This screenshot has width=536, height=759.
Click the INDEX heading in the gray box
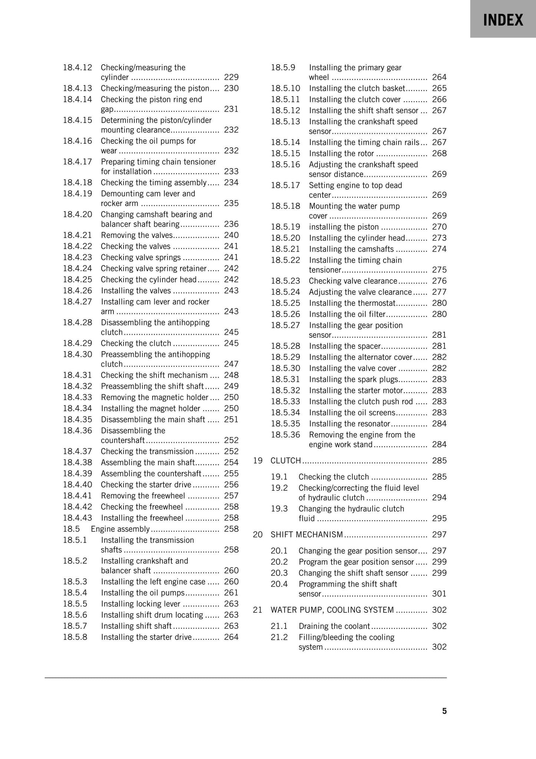point(503,20)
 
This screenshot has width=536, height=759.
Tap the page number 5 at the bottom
point(444,711)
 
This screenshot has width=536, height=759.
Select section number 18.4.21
point(78,235)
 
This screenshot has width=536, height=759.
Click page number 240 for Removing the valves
point(231,235)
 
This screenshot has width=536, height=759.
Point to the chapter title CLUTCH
point(286,461)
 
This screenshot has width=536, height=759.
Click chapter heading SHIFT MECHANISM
point(307,535)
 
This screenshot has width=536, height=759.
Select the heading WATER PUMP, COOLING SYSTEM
point(332,610)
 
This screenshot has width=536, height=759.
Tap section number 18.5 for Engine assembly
point(71,529)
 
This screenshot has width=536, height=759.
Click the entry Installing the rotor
point(341,154)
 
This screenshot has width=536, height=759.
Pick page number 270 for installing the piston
point(439,227)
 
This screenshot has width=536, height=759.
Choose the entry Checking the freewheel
point(142,507)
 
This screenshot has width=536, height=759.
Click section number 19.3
point(279,509)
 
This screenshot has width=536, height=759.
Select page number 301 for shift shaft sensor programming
point(439,594)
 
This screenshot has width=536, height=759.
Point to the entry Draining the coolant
point(334,626)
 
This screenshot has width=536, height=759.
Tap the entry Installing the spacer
point(345,346)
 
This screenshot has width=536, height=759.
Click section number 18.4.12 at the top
point(77,68)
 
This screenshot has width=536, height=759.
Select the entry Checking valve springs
point(141,258)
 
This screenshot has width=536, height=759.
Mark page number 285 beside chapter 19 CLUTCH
point(439,461)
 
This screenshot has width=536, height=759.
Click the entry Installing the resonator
point(349,424)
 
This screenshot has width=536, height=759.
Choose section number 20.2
point(279,562)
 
